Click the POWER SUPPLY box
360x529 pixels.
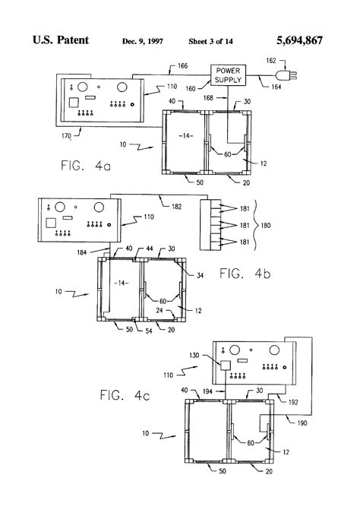pos(228,75)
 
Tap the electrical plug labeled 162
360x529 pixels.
pos(287,74)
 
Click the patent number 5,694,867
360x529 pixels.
pos(300,40)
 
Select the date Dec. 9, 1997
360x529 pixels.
pos(143,41)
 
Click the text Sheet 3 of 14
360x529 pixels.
pos(210,41)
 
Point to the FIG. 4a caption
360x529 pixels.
pos(86,166)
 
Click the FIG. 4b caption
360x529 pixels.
pos(245,274)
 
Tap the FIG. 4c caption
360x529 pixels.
pos(125,395)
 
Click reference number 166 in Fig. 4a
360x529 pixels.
pos(182,66)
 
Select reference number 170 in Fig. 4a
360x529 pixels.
pos(66,136)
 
